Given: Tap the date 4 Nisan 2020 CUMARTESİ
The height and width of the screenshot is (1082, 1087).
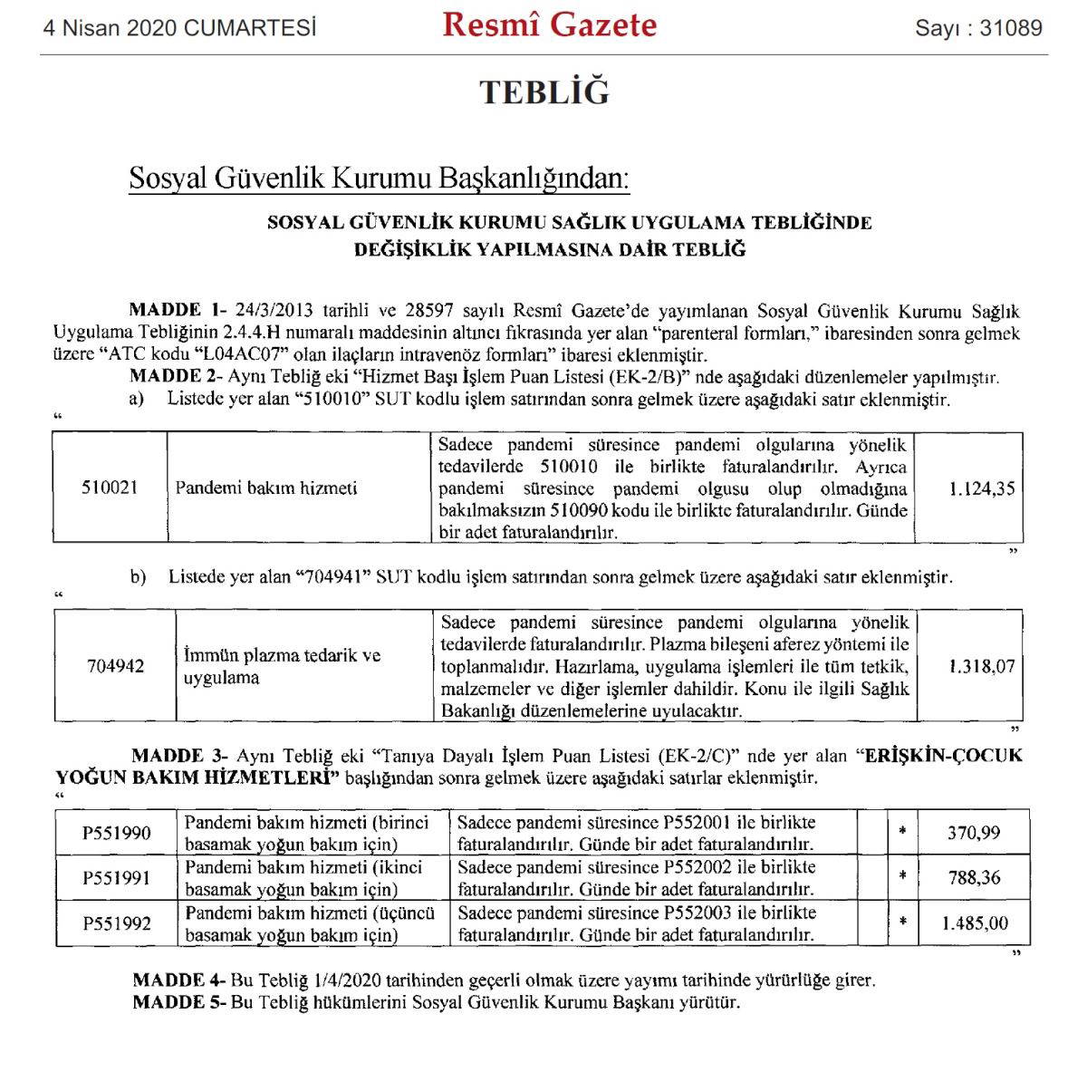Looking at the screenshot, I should pos(180,28).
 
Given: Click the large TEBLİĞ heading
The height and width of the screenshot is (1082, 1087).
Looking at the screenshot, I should pos(543,92).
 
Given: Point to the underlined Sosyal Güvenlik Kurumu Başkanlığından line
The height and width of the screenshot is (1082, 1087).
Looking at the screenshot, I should pos(379,179).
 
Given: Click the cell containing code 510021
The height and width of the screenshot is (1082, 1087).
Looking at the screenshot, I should pos(110,488).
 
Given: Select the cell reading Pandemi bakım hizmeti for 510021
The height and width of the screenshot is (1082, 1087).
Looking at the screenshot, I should pos(266,488).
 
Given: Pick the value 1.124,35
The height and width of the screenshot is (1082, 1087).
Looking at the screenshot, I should pos(982,488).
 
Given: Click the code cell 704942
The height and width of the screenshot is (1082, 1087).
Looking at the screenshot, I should pos(115,666).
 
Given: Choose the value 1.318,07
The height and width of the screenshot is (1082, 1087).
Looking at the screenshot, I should pos(982,666).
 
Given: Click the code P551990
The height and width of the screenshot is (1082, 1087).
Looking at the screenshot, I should pos(117,833).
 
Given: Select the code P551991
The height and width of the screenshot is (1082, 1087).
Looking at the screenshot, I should pos(117,877).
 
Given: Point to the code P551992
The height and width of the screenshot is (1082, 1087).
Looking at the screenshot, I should pos(117,923).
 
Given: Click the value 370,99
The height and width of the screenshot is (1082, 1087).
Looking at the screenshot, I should pos(974,833).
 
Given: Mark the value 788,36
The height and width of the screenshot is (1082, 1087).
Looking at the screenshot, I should pos(974,877).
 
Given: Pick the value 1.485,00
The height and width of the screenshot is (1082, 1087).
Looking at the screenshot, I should pos(974,923).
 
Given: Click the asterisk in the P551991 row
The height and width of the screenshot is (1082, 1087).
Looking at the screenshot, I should pos(902,877).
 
